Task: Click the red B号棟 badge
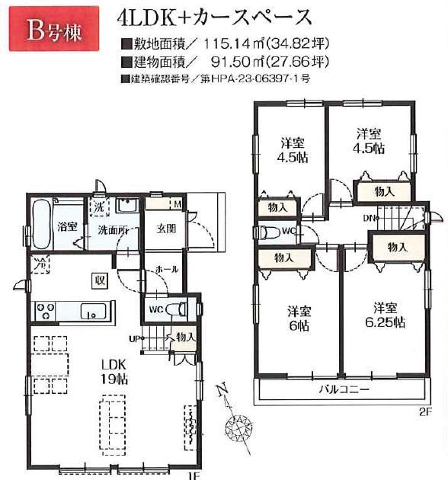[54, 28]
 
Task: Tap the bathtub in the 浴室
[41, 225]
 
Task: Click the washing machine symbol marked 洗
[99, 207]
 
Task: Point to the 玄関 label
[166, 229]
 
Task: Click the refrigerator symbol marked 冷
[40, 264]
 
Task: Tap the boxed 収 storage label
[100, 280]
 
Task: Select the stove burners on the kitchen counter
[45, 311]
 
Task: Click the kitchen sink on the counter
[93, 312]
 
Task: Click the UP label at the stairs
[133, 339]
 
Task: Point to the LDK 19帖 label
[114, 372]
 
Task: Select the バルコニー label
[344, 389]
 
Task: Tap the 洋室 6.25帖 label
[385, 315]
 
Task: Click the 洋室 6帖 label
[299, 318]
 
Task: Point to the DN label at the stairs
[370, 218]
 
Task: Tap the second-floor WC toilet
[269, 232]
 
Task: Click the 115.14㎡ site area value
[235, 44]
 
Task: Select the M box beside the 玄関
[178, 204]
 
